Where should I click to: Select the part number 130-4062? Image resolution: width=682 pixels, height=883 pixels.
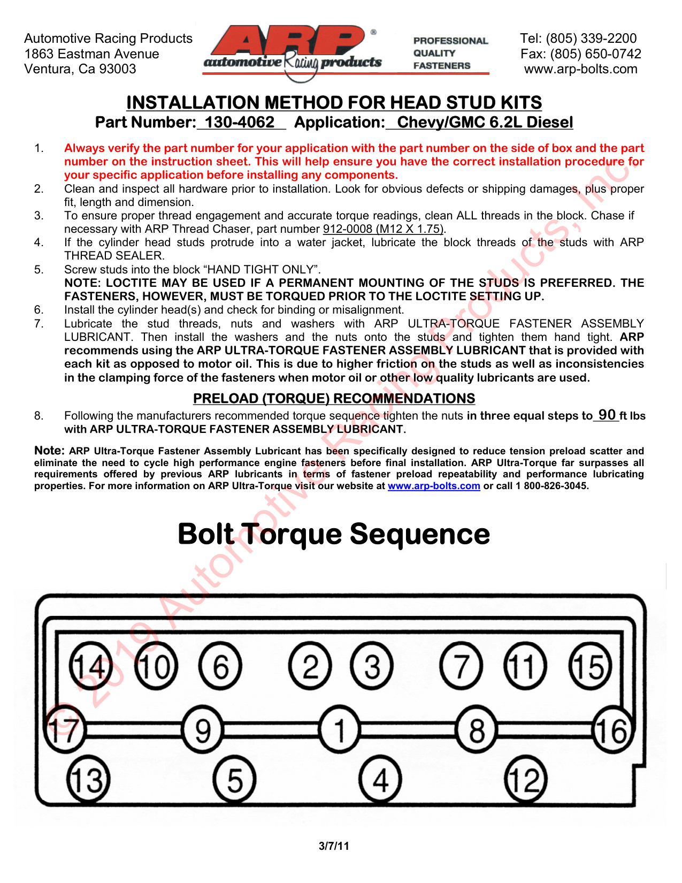(x=240, y=123)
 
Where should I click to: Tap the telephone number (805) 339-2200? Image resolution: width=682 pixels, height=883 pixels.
(x=591, y=38)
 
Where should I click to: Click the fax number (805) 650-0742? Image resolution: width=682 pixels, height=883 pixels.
(x=595, y=54)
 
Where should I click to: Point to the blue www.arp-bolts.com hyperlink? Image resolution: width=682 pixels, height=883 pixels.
(x=434, y=485)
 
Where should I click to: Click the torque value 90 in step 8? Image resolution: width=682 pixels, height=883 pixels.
(x=607, y=415)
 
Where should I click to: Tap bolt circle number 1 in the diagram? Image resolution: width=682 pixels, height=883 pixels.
(x=340, y=730)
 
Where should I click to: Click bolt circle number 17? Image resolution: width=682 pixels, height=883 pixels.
(x=65, y=730)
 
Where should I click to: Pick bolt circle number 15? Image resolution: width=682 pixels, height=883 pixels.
(x=590, y=667)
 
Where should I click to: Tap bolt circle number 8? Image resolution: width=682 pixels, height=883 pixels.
(x=477, y=730)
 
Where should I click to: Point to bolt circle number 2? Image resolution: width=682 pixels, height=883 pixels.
(x=310, y=667)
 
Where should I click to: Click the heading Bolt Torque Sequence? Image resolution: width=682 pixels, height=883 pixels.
(x=334, y=535)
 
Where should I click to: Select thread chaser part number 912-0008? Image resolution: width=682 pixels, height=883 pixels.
(x=347, y=229)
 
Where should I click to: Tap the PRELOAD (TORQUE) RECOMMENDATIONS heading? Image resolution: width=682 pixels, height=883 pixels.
(x=334, y=398)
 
